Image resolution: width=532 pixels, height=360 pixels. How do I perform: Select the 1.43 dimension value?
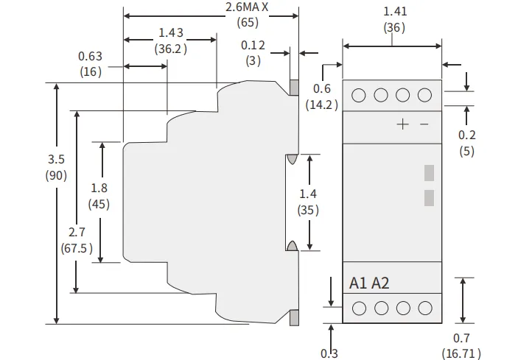(170, 33)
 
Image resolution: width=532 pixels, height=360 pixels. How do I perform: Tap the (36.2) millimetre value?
(170, 49)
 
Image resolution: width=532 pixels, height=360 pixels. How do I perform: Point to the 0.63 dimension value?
(90, 56)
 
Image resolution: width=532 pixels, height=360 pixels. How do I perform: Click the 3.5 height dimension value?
(56, 159)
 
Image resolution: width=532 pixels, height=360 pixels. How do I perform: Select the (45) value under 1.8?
(99, 204)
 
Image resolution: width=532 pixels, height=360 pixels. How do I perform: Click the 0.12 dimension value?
(253, 45)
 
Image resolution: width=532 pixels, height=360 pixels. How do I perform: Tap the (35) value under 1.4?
(308, 210)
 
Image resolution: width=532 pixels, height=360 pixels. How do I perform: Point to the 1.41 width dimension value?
(395, 11)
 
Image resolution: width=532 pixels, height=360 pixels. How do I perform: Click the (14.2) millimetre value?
(322, 105)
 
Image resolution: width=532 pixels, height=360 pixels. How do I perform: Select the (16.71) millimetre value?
(462, 353)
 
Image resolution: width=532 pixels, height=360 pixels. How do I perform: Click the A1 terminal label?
(358, 283)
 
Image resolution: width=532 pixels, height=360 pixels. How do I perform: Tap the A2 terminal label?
(380, 283)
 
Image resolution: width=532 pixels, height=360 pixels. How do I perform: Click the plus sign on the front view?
(402, 124)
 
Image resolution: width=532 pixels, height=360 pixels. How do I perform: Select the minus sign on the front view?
(424, 124)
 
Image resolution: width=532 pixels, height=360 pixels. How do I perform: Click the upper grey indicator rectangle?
(429, 172)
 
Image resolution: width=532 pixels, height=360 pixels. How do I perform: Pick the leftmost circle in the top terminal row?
(360, 95)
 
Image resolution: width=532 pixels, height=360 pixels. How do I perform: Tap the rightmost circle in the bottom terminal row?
(424, 308)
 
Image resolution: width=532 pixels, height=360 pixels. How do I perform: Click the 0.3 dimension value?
(329, 353)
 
